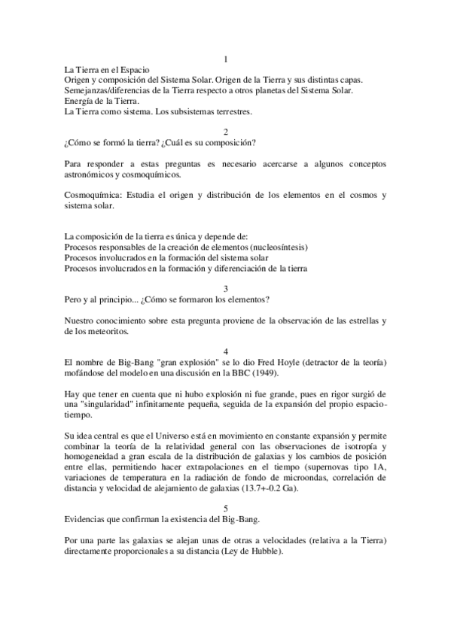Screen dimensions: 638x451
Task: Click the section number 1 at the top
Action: [226, 59]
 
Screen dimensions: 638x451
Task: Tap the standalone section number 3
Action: [226, 288]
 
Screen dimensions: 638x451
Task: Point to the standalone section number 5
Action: [226, 507]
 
